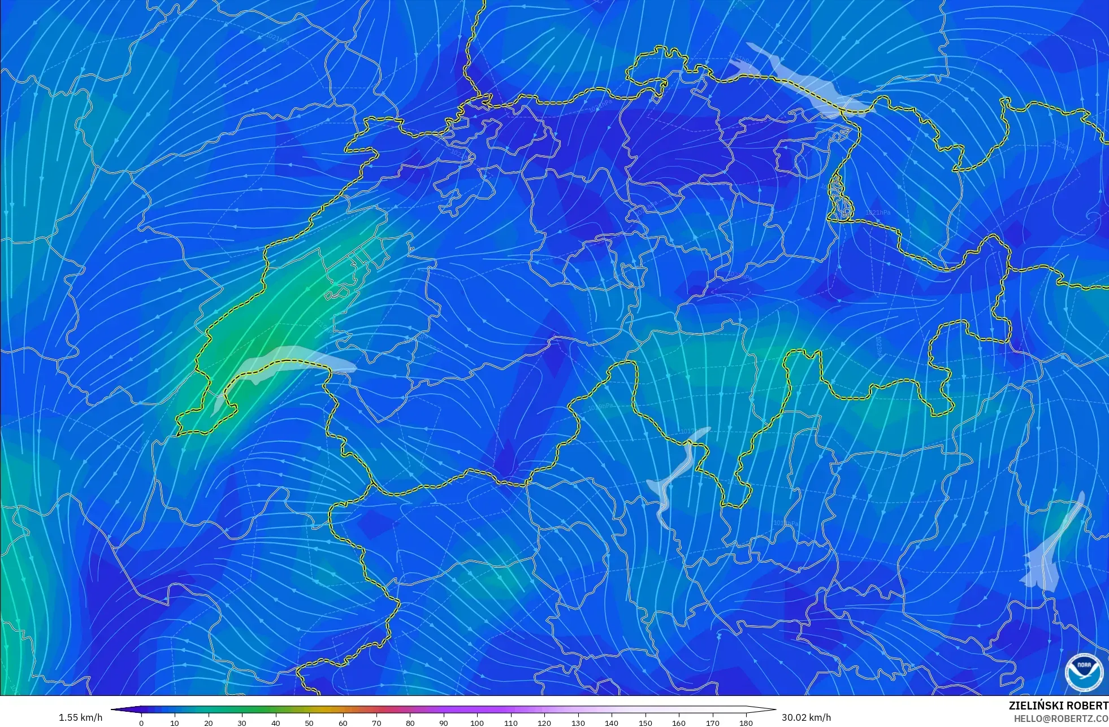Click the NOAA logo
click(1084, 672)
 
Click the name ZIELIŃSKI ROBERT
click(1058, 706)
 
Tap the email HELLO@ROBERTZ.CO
click(1060, 719)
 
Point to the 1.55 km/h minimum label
click(80, 717)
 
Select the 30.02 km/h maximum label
click(806, 717)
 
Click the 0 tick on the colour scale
click(141, 722)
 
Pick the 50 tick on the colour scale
click(309, 722)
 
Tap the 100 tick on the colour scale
click(477, 722)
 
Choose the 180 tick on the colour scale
click(746, 722)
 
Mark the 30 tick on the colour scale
click(242, 722)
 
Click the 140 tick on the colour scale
click(612, 722)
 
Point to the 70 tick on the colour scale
click(376, 722)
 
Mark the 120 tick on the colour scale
click(544, 722)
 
